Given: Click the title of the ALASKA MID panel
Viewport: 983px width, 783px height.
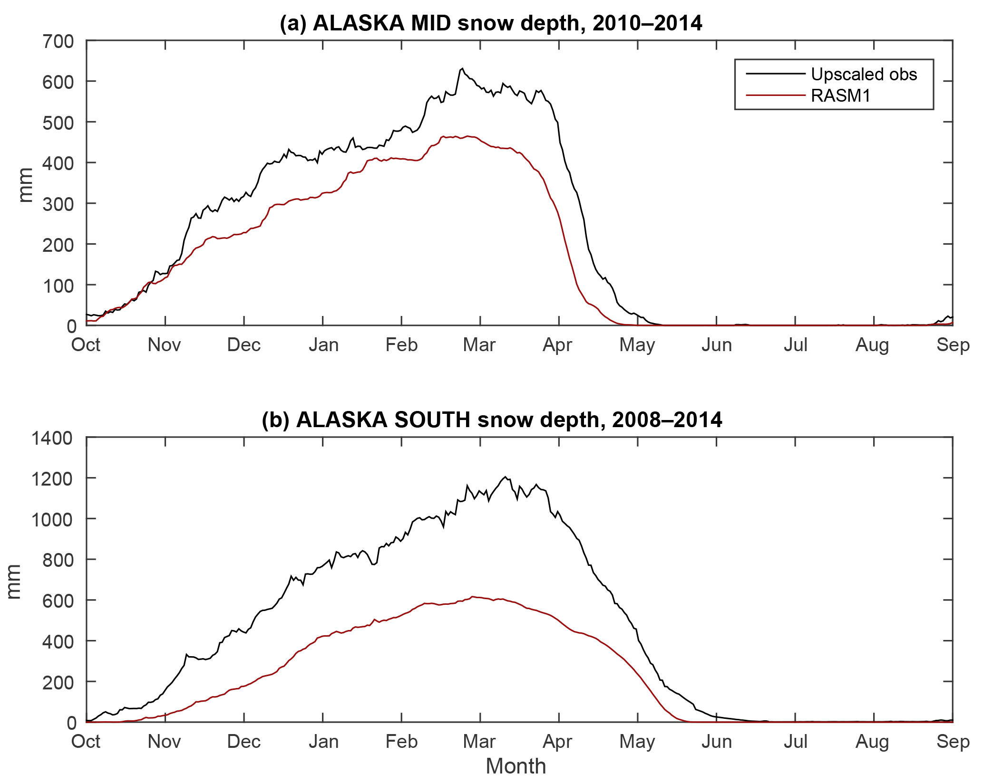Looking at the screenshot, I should (x=491, y=23).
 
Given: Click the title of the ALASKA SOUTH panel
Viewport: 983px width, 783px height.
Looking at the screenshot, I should (x=492, y=420).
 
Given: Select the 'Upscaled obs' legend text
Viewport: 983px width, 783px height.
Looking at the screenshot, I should (x=864, y=74).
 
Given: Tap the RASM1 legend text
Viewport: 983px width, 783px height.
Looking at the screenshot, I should (x=840, y=96).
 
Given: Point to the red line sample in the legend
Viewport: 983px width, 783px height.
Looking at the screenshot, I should (x=775, y=96).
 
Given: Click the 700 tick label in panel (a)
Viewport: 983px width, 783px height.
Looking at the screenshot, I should (x=58, y=41).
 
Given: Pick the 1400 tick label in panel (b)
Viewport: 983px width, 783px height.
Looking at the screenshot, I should (x=52, y=438).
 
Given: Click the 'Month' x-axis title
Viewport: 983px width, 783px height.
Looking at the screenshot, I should (x=516, y=766).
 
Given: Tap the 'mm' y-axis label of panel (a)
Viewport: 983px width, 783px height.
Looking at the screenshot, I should (x=26, y=185).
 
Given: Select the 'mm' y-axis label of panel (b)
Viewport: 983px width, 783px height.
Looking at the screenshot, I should (x=14, y=582).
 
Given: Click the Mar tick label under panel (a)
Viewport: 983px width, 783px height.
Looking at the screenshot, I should (x=479, y=345).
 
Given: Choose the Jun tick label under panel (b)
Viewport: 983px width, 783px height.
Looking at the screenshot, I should (x=717, y=742).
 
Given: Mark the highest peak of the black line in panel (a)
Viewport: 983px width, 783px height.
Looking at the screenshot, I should (x=462, y=68).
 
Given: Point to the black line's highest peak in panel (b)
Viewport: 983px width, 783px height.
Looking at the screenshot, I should (x=506, y=477).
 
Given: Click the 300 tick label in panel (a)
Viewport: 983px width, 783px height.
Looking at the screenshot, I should (x=58, y=204).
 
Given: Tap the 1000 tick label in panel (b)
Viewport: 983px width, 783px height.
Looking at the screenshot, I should (x=52, y=519).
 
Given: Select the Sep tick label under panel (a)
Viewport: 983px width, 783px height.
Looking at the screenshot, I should (x=953, y=345).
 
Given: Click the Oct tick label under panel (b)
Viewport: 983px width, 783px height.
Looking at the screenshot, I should (x=86, y=742).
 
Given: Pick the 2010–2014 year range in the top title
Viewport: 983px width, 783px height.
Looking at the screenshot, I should (x=647, y=23).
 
